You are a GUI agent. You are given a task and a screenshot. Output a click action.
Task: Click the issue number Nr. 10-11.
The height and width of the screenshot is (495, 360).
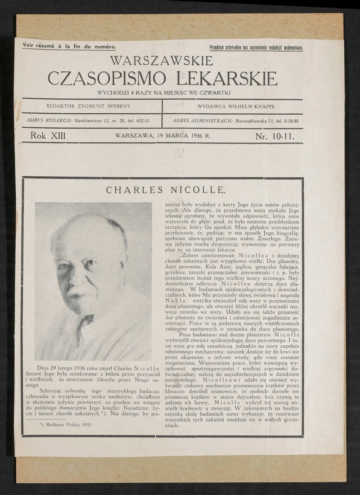[x=274, y=135]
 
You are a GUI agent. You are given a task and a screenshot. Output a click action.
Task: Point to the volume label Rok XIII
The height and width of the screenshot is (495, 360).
[x=48, y=135]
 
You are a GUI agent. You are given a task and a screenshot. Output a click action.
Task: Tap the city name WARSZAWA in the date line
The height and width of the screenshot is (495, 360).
[x=135, y=135]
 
